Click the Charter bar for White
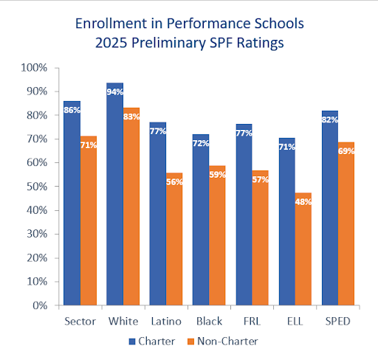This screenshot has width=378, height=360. click(114, 194)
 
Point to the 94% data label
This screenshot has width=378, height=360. click(114, 92)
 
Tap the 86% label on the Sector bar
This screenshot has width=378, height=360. click(72, 111)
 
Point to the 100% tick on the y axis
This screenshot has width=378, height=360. click(34, 68)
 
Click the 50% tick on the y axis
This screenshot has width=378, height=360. click(36, 187)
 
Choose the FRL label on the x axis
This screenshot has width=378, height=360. click(252, 322)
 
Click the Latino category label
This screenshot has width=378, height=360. click(166, 322)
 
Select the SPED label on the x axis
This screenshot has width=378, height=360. click(337, 322)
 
